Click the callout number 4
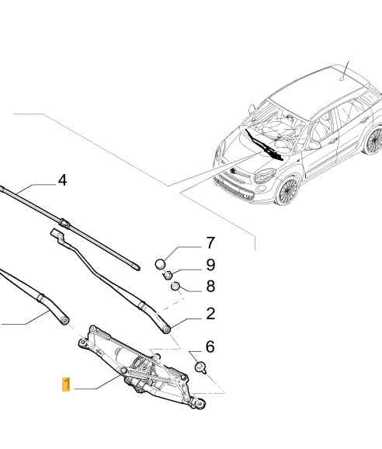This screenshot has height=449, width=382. click(x=62, y=181)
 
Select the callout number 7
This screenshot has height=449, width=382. click(x=210, y=243)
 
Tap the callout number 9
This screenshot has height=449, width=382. click(x=210, y=265)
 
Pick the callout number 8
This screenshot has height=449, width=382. click(x=210, y=286)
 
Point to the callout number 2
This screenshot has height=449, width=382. click(x=210, y=314)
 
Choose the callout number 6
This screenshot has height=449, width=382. click(x=210, y=346)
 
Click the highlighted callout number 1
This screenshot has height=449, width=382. click(x=67, y=385)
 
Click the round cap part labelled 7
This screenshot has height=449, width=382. click(x=161, y=263)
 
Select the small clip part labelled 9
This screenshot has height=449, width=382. click(x=167, y=275)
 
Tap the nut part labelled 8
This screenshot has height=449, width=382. click(x=175, y=286)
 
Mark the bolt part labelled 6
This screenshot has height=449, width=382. click(x=200, y=367)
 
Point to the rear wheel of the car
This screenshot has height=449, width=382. click(x=373, y=141)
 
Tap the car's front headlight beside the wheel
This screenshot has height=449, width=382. click(x=265, y=175)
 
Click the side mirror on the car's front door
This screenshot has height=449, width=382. click(x=314, y=145)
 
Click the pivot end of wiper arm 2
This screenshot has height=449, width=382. click(x=165, y=329)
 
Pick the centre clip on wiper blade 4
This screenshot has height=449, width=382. click(x=64, y=222)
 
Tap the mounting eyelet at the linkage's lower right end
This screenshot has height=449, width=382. click(x=200, y=403)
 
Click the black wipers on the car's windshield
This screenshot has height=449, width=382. click(x=262, y=145)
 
